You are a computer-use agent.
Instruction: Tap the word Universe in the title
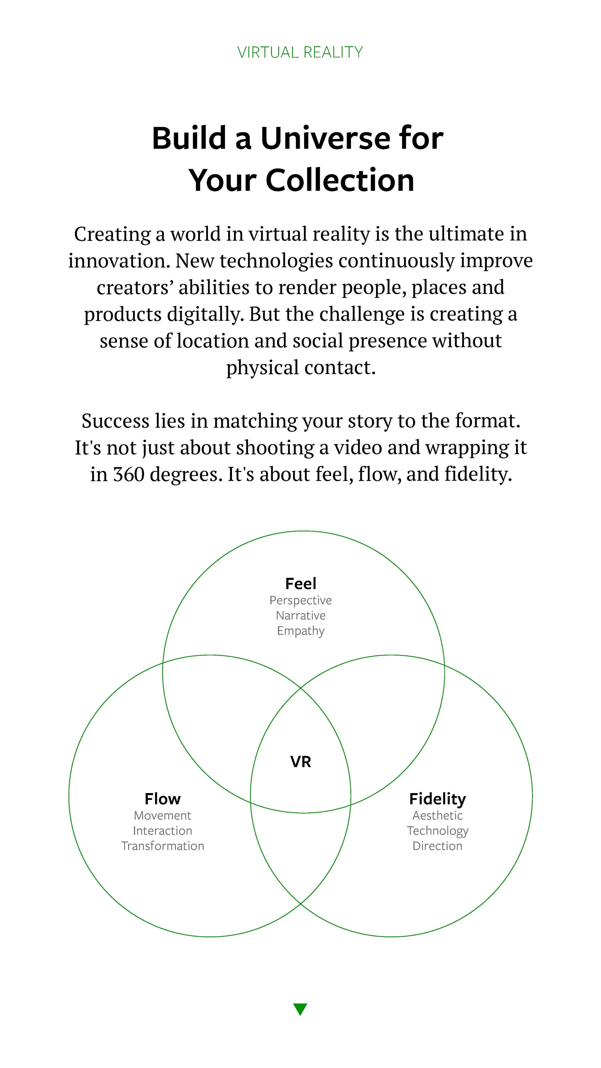(325, 138)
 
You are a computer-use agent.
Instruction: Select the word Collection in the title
(340, 180)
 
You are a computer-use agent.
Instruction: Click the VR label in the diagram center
(300, 762)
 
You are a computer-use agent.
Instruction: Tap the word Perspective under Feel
(301, 600)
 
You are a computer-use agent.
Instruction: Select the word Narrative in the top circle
(301, 616)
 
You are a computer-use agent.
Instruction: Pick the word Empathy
(301, 631)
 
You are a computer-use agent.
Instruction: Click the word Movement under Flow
(163, 815)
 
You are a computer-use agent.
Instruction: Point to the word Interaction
(163, 831)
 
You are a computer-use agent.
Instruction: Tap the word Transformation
(163, 846)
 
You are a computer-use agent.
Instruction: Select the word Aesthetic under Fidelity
(438, 815)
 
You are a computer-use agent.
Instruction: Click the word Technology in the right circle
(438, 831)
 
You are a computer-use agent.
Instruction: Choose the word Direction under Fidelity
(438, 846)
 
